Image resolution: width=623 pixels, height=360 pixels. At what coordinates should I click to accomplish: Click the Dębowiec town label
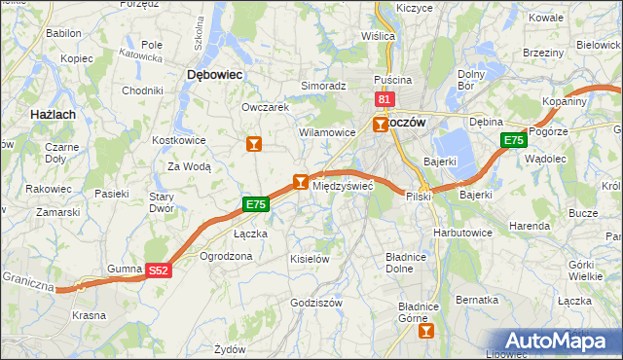click(x=214, y=74)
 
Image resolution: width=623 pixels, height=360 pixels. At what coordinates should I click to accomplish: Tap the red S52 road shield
click(x=160, y=273)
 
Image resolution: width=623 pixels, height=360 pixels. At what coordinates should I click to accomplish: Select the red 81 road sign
click(x=385, y=100)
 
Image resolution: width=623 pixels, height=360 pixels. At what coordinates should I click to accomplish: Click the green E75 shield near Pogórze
click(x=514, y=142)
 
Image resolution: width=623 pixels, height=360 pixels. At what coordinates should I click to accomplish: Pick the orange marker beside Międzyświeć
click(x=301, y=181)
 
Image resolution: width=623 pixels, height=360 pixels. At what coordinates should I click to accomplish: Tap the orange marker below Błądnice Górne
click(x=424, y=332)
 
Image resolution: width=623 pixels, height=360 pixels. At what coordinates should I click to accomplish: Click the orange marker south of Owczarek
click(x=254, y=145)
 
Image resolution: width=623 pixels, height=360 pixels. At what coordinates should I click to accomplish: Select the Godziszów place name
click(x=316, y=303)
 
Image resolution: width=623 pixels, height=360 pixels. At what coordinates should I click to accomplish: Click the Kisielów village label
click(x=311, y=259)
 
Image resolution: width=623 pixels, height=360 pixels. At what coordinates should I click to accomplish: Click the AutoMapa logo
click(x=562, y=341)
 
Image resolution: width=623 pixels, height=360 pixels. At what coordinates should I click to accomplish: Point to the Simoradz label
click(x=323, y=86)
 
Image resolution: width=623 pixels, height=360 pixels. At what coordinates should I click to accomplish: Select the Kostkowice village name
click(x=177, y=140)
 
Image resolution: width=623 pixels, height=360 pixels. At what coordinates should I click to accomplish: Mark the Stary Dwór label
click(x=161, y=202)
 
